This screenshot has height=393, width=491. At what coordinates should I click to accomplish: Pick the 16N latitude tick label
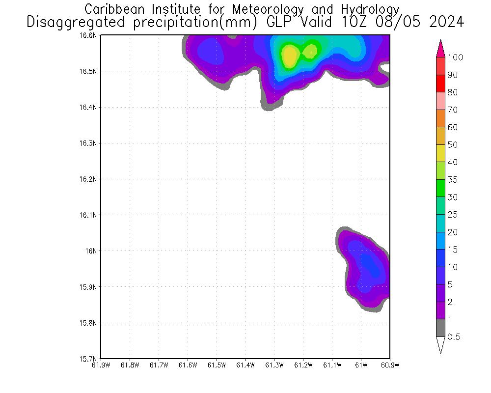[93, 251]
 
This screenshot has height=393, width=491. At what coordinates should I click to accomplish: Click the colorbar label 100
[456, 57]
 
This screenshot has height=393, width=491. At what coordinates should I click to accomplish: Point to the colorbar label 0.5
[454, 337]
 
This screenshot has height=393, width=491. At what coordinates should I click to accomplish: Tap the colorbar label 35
[452, 180]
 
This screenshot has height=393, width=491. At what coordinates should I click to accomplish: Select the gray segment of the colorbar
[440, 328]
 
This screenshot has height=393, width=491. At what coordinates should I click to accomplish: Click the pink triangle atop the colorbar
[440, 48]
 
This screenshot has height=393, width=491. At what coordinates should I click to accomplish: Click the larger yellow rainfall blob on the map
[289, 56]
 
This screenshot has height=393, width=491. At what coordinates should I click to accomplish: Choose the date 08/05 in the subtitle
[404, 22]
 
